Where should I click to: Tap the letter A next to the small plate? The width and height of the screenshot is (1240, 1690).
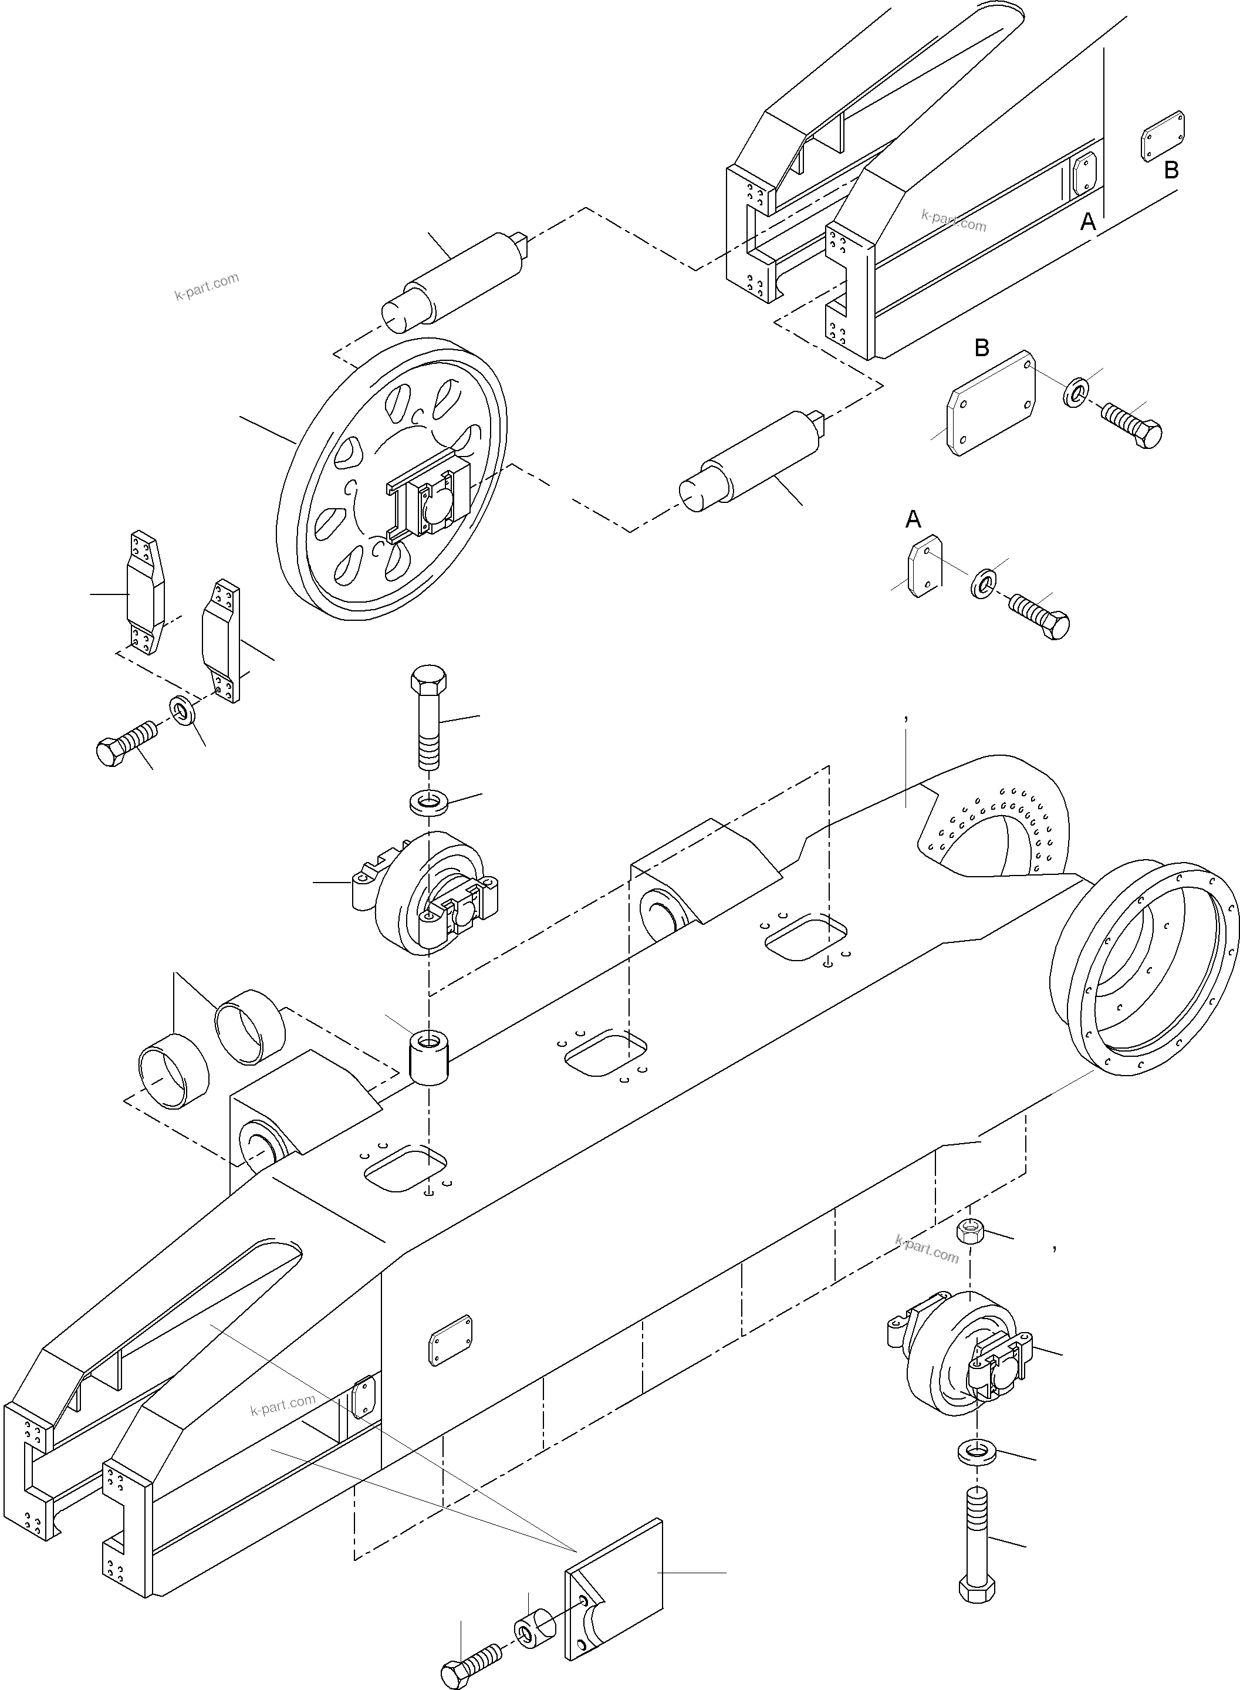(913, 519)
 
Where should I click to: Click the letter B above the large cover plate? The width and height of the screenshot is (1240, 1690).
(981, 347)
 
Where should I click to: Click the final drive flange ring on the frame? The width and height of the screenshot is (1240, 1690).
(1145, 968)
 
